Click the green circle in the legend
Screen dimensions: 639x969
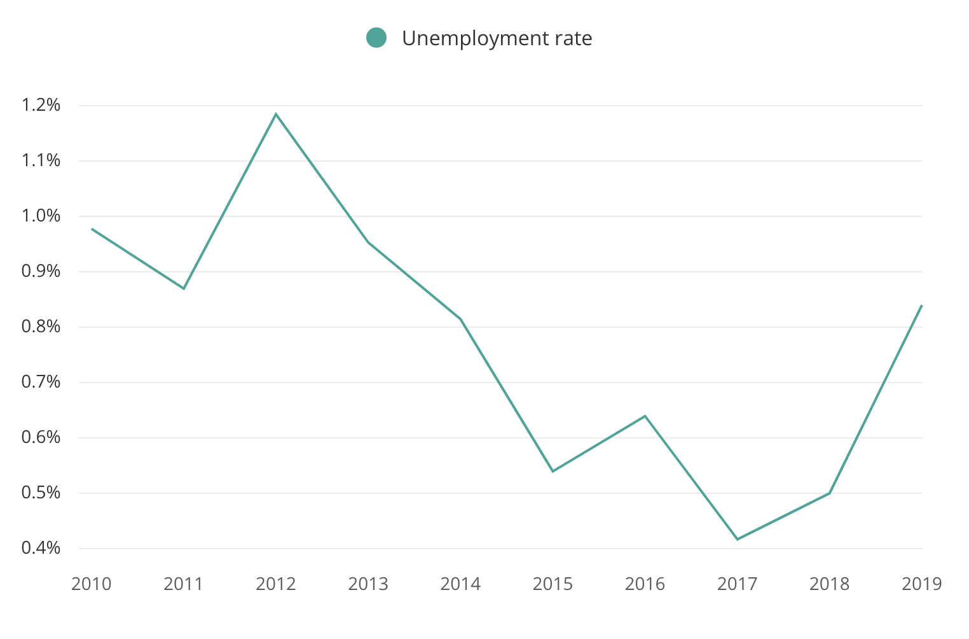[376, 38]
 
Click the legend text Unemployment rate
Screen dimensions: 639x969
[497, 38]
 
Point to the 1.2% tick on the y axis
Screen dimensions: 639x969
[41, 105]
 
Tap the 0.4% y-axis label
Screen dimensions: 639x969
[41, 548]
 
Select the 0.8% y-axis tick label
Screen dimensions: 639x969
[41, 327]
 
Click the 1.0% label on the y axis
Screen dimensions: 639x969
[41, 216]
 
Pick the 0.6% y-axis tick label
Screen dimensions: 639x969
[41, 437]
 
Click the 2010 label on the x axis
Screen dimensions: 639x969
[92, 584]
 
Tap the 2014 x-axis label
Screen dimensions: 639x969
[460, 584]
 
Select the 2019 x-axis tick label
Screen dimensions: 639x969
[921, 584]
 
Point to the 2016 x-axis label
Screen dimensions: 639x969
[645, 584]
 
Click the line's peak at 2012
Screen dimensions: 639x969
[276, 114]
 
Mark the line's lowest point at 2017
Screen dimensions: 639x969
[738, 539]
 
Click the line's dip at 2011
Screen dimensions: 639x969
[184, 289]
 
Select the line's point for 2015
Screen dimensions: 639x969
[553, 471]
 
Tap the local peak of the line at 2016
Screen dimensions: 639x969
[645, 416]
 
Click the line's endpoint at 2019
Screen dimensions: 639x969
[921, 305]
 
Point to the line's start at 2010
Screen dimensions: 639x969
[92, 228]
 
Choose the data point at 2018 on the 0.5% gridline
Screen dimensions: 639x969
[830, 493]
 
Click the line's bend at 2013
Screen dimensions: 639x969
[368, 242]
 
